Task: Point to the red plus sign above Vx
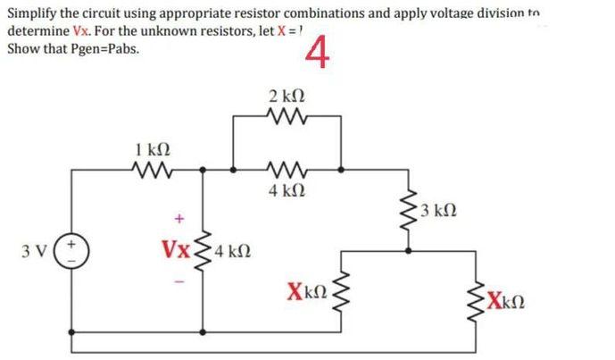tap(179, 217)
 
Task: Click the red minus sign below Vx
tap(179, 274)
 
